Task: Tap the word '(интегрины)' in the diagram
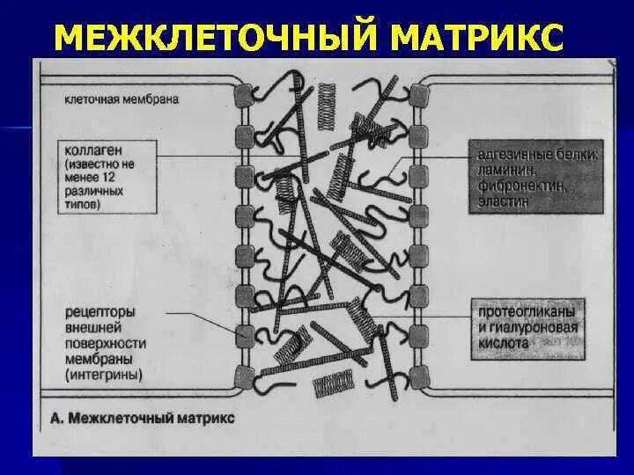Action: pos(103,375)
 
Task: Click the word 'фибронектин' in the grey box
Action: pos(520,186)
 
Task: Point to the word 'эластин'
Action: pos(505,201)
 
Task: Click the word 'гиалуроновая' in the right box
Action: pos(536,328)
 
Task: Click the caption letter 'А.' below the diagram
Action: pos(57,418)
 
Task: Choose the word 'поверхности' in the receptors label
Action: pos(105,344)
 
